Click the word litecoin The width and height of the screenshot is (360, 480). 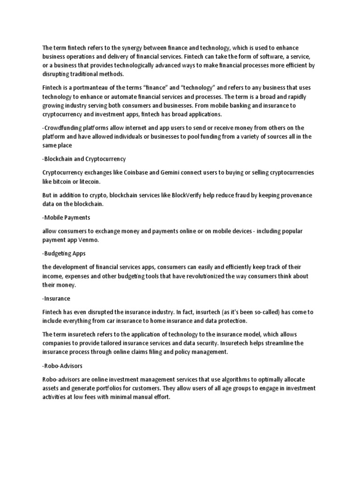click(89, 181)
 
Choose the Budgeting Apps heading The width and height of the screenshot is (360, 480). click(65, 253)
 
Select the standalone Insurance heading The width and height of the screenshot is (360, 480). click(56, 298)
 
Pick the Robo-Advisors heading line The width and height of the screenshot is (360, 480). click(62, 365)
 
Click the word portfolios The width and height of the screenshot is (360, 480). click(115, 388)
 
